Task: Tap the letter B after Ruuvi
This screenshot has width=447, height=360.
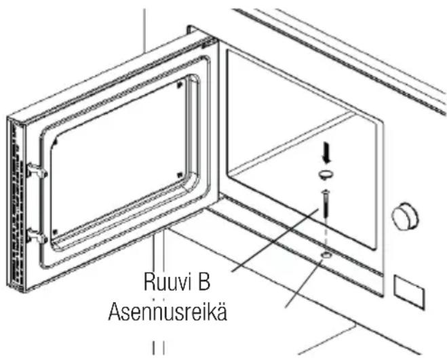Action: (x=204, y=281)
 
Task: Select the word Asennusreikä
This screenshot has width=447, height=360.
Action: (x=168, y=312)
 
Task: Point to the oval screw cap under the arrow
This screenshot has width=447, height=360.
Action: (x=326, y=174)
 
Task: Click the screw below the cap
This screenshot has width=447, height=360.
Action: (x=326, y=203)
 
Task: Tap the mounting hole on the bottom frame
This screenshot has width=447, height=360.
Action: (x=326, y=255)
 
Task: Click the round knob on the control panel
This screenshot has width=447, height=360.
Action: (x=405, y=215)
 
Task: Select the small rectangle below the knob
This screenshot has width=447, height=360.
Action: (x=409, y=292)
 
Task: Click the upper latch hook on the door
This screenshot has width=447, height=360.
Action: (x=37, y=171)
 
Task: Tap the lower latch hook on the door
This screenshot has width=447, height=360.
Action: (x=37, y=236)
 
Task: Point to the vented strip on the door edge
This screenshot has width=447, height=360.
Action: (x=16, y=205)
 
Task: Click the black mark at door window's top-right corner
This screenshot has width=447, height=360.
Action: (x=179, y=85)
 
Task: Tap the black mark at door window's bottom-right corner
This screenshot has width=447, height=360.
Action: (x=180, y=175)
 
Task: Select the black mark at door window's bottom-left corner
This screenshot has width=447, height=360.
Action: (x=56, y=231)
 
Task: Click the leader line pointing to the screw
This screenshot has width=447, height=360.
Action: (x=275, y=240)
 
